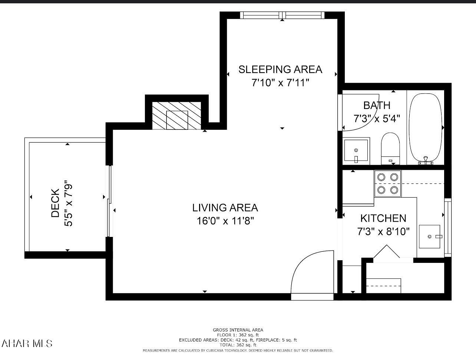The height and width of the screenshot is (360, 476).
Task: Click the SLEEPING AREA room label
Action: click(280, 69)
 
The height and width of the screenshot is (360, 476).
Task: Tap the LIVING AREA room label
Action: click(225, 208)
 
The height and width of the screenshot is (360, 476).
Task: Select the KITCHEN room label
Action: click(383, 218)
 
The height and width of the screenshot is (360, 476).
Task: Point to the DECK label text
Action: click(55, 203)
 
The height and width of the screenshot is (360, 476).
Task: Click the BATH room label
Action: click(376, 105)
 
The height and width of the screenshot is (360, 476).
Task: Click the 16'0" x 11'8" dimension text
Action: click(225, 221)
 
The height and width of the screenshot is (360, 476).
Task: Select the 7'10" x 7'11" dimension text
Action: click(280, 83)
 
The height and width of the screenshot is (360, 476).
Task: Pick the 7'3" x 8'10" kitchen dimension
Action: click(383, 232)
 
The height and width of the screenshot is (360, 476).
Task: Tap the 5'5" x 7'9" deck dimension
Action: click(68, 203)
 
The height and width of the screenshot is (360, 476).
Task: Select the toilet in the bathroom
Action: click(390, 148)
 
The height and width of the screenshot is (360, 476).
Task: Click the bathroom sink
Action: click(356, 151)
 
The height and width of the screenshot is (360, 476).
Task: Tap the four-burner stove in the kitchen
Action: click(388, 184)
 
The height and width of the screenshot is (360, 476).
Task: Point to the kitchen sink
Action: click(430, 236)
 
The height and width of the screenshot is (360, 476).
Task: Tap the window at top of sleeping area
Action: click(282, 15)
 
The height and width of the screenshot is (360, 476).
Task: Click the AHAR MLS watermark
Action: click(27, 343)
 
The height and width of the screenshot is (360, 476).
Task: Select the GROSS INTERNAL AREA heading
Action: click(238, 330)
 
